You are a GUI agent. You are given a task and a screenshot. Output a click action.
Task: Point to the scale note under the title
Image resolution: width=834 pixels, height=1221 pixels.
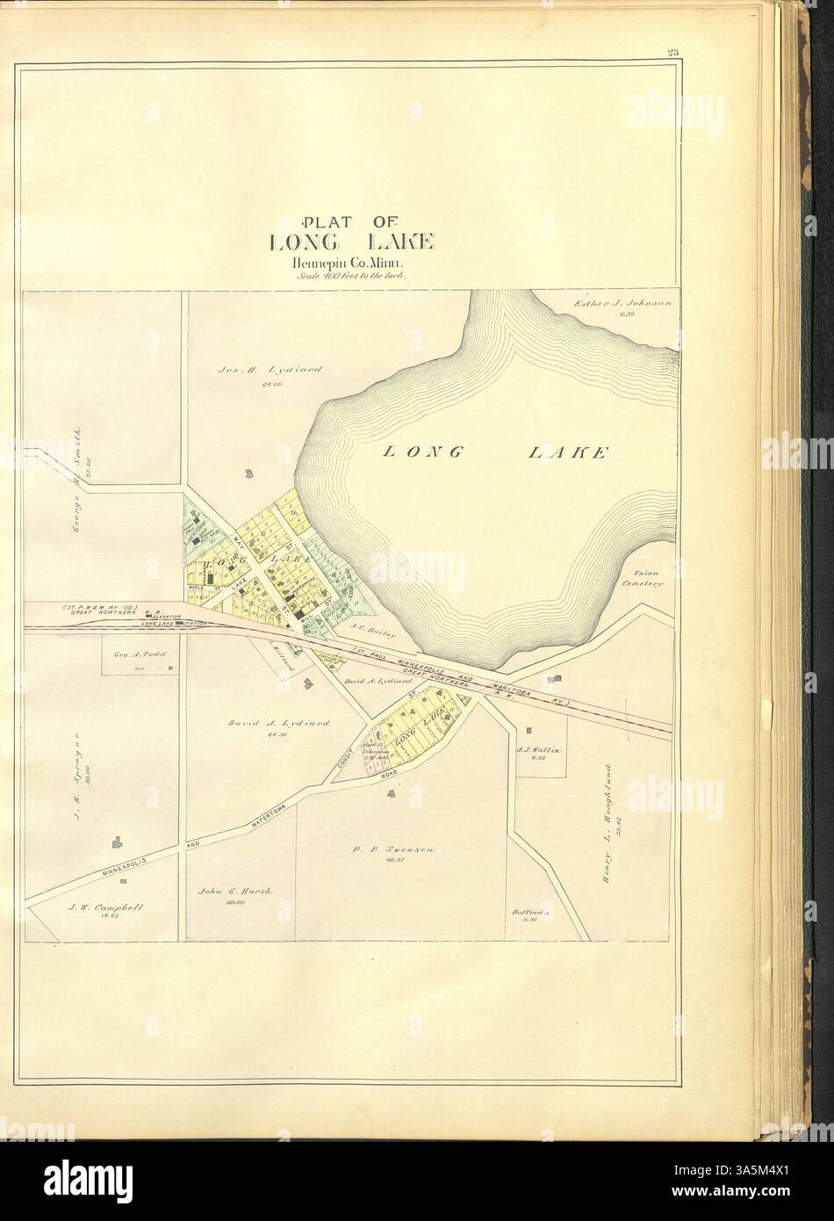coord(342,275)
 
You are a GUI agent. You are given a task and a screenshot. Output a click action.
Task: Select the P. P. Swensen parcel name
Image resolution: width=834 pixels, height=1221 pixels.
coord(387,850)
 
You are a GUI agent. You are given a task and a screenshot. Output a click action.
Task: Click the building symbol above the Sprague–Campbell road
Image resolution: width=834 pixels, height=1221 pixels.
coord(116,842)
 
